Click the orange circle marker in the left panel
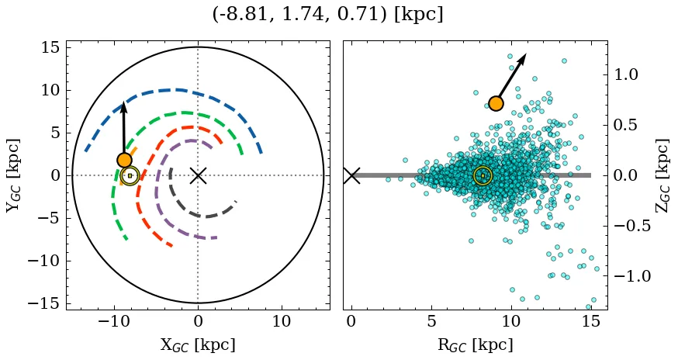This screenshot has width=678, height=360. tap(124, 160)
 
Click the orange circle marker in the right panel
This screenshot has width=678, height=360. tap(496, 103)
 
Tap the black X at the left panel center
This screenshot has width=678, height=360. tap(198, 175)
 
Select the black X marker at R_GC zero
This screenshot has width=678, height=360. tap(351, 175)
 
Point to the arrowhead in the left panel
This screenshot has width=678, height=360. tap(123, 108)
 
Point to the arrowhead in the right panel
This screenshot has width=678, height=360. tap(524, 58)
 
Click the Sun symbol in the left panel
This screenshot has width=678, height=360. tap(130, 176)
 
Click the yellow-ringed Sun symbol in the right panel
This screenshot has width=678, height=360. tap(483, 176)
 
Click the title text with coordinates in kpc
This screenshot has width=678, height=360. tap(327, 14)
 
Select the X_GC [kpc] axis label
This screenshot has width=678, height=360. tap(198, 344)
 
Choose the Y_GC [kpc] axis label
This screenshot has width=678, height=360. tap(12, 175)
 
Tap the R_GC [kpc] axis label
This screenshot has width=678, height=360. tap(475, 344)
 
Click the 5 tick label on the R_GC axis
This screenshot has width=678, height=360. tap(431, 321)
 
